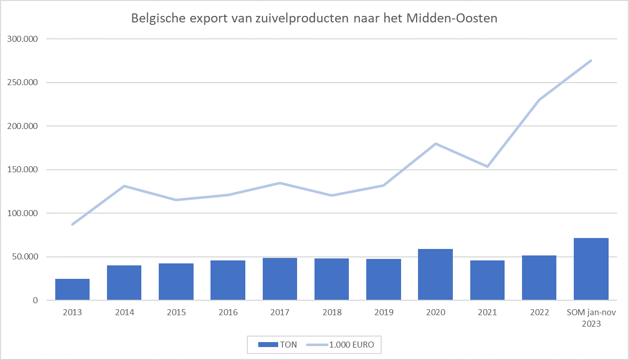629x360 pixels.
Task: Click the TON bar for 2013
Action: [72, 289]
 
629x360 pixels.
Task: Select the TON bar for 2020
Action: [435, 274]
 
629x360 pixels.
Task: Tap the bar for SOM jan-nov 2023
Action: [591, 269]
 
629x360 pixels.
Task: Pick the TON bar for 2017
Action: [280, 279]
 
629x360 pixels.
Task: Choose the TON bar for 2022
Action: [539, 278]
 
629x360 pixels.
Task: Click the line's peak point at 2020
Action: [435, 143]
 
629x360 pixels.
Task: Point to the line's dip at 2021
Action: [487, 166]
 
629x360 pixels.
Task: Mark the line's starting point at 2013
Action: [73, 225]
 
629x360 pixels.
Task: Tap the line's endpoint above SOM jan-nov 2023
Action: [591, 60]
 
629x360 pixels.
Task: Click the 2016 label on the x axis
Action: [228, 313]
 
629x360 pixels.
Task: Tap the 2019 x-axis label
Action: [383, 313]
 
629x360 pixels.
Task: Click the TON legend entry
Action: [277, 344]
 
